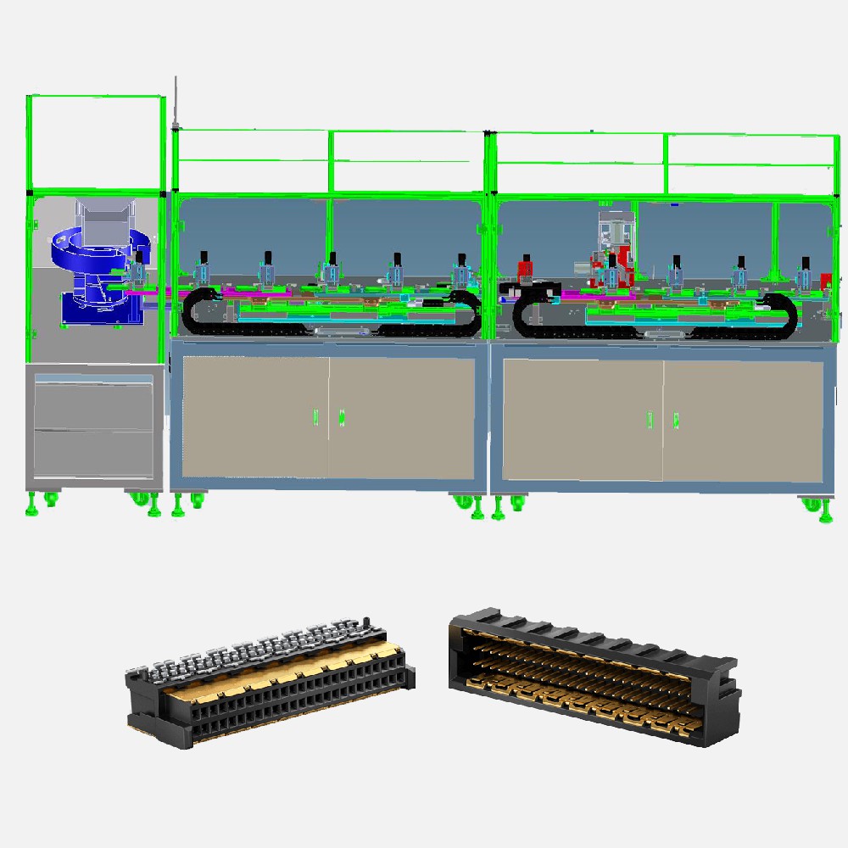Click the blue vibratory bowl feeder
pos(98,254)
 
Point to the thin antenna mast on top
pos(175,102)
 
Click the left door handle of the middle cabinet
pos(315,417)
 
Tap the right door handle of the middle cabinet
pos(342,417)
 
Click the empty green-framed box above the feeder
pos(95,142)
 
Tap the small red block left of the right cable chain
pos(524,270)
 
